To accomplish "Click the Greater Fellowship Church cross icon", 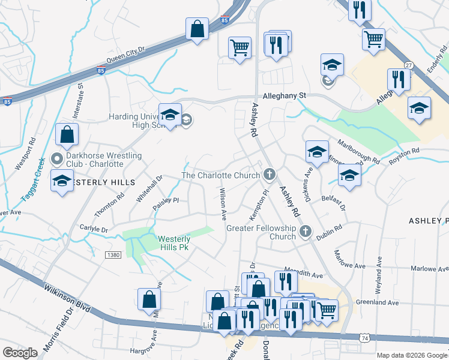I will [306, 231].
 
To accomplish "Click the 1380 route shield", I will [112, 255].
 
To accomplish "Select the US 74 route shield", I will [364, 338].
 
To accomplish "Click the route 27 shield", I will [409, 65].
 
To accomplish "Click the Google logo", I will [20, 353].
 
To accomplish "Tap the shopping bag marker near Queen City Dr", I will [197, 28].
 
